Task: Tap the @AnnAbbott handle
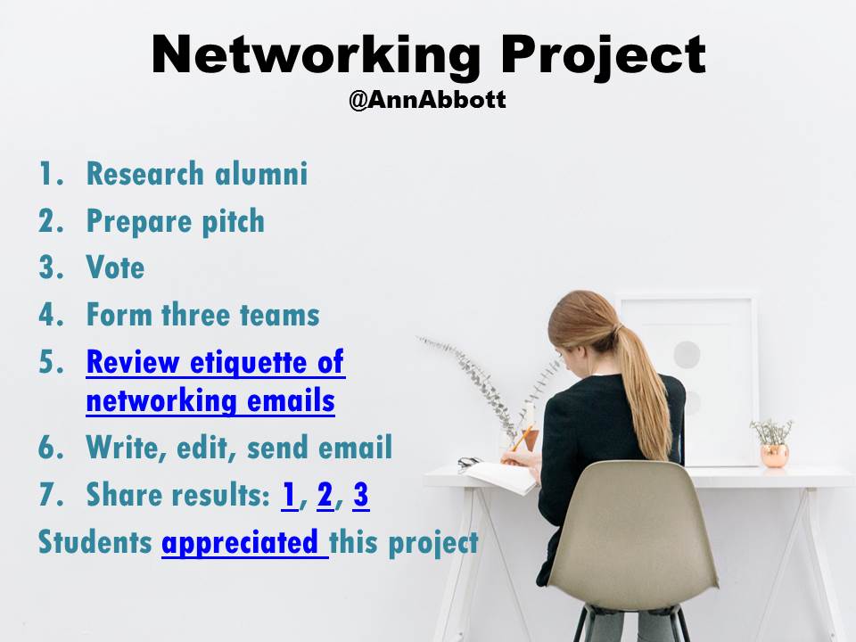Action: pyautogui.click(x=427, y=99)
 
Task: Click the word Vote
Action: pyautogui.click(x=115, y=267)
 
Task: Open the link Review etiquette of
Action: pyautogui.click(x=215, y=362)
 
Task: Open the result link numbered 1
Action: pyautogui.click(x=289, y=495)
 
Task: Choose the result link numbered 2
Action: pyautogui.click(x=325, y=495)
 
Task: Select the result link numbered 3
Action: pyautogui.click(x=360, y=495)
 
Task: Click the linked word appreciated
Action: pyautogui.click(x=243, y=542)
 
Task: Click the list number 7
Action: pyautogui.click(x=46, y=495)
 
